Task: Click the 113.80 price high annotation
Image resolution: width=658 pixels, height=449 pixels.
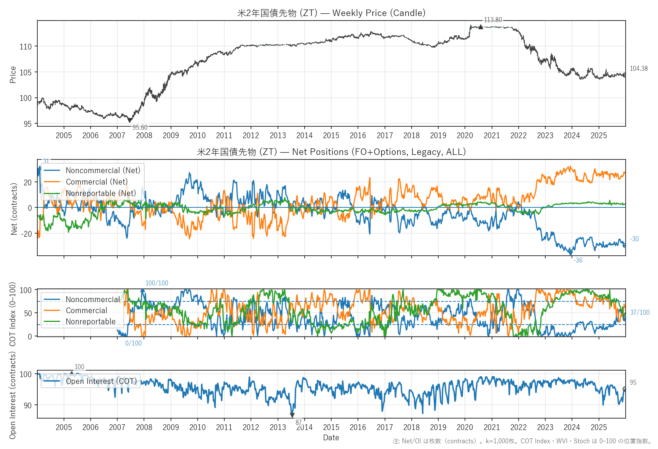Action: [x=493, y=20]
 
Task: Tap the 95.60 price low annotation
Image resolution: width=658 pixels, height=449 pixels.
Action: [x=140, y=127]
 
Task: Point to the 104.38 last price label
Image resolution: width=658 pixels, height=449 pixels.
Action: [x=639, y=68]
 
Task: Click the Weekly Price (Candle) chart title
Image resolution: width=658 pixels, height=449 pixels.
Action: [x=331, y=13]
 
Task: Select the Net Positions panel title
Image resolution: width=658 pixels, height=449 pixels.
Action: [x=331, y=152]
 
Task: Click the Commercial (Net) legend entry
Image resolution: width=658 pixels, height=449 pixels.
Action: [x=97, y=182]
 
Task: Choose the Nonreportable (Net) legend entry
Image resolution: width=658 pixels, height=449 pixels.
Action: [x=101, y=193]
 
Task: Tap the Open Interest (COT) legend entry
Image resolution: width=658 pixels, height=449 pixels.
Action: [x=101, y=381]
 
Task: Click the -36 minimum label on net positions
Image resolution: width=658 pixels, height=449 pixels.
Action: [x=578, y=260]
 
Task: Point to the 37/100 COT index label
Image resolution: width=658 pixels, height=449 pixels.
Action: [x=640, y=312]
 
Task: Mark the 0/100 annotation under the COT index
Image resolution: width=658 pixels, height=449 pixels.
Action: [x=133, y=343]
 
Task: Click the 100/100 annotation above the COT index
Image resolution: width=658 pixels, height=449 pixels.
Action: [x=157, y=283]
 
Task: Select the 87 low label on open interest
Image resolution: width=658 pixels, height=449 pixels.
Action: [x=299, y=422]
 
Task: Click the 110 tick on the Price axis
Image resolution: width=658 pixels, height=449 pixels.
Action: [x=26, y=47]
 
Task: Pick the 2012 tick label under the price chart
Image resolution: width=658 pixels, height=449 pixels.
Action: [x=251, y=135]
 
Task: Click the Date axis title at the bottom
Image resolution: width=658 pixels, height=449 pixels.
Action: [x=331, y=438]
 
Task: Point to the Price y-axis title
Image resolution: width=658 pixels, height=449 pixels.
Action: [x=13, y=75]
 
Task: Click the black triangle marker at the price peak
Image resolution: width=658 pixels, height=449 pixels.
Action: [x=481, y=27]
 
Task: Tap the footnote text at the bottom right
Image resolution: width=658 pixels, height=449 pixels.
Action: [x=522, y=441]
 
